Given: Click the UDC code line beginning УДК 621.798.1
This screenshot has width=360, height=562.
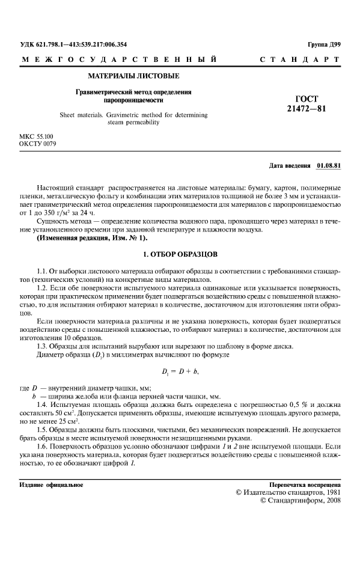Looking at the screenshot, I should click(73, 44).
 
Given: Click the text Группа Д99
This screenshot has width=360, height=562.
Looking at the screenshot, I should click(324, 45).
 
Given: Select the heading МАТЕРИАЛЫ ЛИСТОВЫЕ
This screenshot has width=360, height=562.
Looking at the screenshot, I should click(133, 76).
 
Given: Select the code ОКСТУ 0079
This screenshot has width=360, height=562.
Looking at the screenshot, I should click(38, 144).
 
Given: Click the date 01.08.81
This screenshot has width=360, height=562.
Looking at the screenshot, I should click(329, 165).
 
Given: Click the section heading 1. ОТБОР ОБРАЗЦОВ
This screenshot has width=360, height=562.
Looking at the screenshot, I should click(180, 254).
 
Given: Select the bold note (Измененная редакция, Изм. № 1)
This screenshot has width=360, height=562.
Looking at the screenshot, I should click(91, 238).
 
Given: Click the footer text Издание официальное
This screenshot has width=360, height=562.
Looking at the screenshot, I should click(51, 484).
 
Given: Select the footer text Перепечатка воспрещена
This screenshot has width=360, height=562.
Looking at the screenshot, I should click(306, 484).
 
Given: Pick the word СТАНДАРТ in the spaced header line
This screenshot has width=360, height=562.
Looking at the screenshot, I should click(301, 60).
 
